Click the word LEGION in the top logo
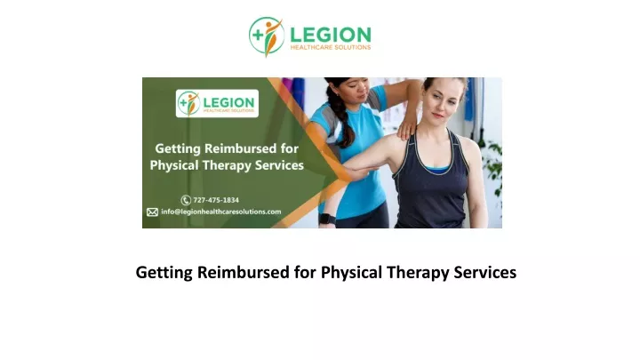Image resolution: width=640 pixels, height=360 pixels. pyautogui.click(x=330, y=35)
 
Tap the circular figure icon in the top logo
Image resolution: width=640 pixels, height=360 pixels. pyautogui.click(x=267, y=36)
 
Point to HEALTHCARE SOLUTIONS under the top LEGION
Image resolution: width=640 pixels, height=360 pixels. pyautogui.click(x=330, y=47)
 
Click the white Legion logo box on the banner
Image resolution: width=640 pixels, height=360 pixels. pyautogui.click(x=217, y=103)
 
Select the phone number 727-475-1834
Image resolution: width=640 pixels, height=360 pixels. pyautogui.click(x=216, y=200)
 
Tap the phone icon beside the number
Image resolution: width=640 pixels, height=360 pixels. pyautogui.click(x=186, y=200)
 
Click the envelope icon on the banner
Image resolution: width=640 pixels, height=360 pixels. pyautogui.click(x=152, y=212)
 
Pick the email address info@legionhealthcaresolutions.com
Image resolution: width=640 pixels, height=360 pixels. pyautogui.click(x=220, y=212)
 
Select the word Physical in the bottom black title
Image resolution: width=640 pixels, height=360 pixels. pyautogui.click(x=351, y=273)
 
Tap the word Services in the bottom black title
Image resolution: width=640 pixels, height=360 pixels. pyautogui.click(x=485, y=272)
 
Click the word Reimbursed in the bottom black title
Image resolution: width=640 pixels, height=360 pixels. pyautogui.click(x=244, y=272)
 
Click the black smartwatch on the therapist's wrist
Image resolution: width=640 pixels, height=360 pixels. pyautogui.click(x=327, y=219)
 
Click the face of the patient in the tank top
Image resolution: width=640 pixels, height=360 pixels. pyautogui.click(x=442, y=101)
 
